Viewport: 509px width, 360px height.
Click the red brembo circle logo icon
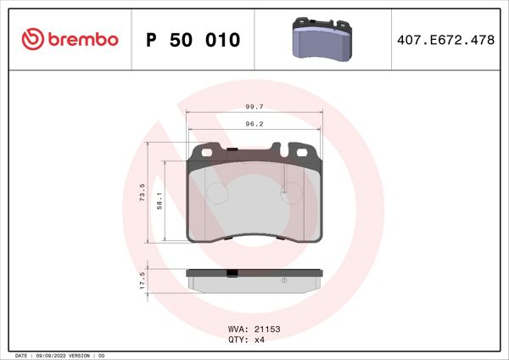pyautogui.click(x=31, y=40)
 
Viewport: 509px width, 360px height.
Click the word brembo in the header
pyautogui.click(x=81, y=40)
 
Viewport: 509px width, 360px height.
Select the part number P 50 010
pyautogui.click(x=193, y=40)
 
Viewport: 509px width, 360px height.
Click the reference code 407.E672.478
pyautogui.click(x=446, y=40)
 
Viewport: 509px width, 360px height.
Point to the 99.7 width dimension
pyautogui.click(x=253, y=107)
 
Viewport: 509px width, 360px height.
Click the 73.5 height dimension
pyautogui.click(x=143, y=192)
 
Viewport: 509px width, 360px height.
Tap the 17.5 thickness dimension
pyautogui.click(x=143, y=279)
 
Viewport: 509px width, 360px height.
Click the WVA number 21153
pyautogui.click(x=267, y=328)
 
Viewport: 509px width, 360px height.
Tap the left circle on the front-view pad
pyautogui.click(x=219, y=194)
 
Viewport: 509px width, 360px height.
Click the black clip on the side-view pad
pyautogui.click(x=232, y=273)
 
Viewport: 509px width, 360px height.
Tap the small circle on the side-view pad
pyautogui.click(x=283, y=281)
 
